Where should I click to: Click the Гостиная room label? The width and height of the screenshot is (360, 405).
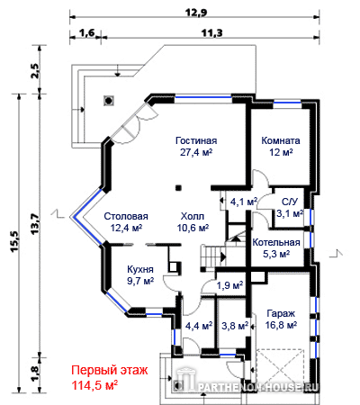[x=196, y=140]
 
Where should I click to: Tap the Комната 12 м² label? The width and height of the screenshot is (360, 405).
[x=281, y=147]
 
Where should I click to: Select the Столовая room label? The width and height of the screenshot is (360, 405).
[x=126, y=216]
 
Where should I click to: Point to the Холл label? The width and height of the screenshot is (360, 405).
[x=193, y=216]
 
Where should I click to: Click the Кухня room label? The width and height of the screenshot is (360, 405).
[x=140, y=269]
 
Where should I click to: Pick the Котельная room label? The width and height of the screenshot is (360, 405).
[x=276, y=242]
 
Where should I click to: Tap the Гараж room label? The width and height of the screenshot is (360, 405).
[x=281, y=314]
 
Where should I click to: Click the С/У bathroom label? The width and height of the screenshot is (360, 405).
[x=290, y=202]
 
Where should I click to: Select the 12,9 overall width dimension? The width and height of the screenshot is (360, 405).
[x=196, y=13]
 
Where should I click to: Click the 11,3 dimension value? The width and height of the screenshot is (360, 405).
[x=211, y=32]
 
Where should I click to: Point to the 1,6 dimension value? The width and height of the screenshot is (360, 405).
[x=88, y=32]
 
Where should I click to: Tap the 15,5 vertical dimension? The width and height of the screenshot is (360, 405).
[x=15, y=242]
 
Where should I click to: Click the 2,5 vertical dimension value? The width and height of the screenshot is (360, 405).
[x=35, y=71]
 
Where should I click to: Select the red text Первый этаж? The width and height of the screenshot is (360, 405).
[x=110, y=370]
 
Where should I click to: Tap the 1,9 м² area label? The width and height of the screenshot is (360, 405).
[x=229, y=285]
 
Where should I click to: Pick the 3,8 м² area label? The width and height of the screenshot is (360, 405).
[x=235, y=325]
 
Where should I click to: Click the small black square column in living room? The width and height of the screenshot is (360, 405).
[x=178, y=188]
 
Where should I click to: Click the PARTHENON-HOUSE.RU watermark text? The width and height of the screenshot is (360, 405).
[x=258, y=387]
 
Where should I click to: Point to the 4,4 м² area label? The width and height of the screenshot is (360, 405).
[x=199, y=325]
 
